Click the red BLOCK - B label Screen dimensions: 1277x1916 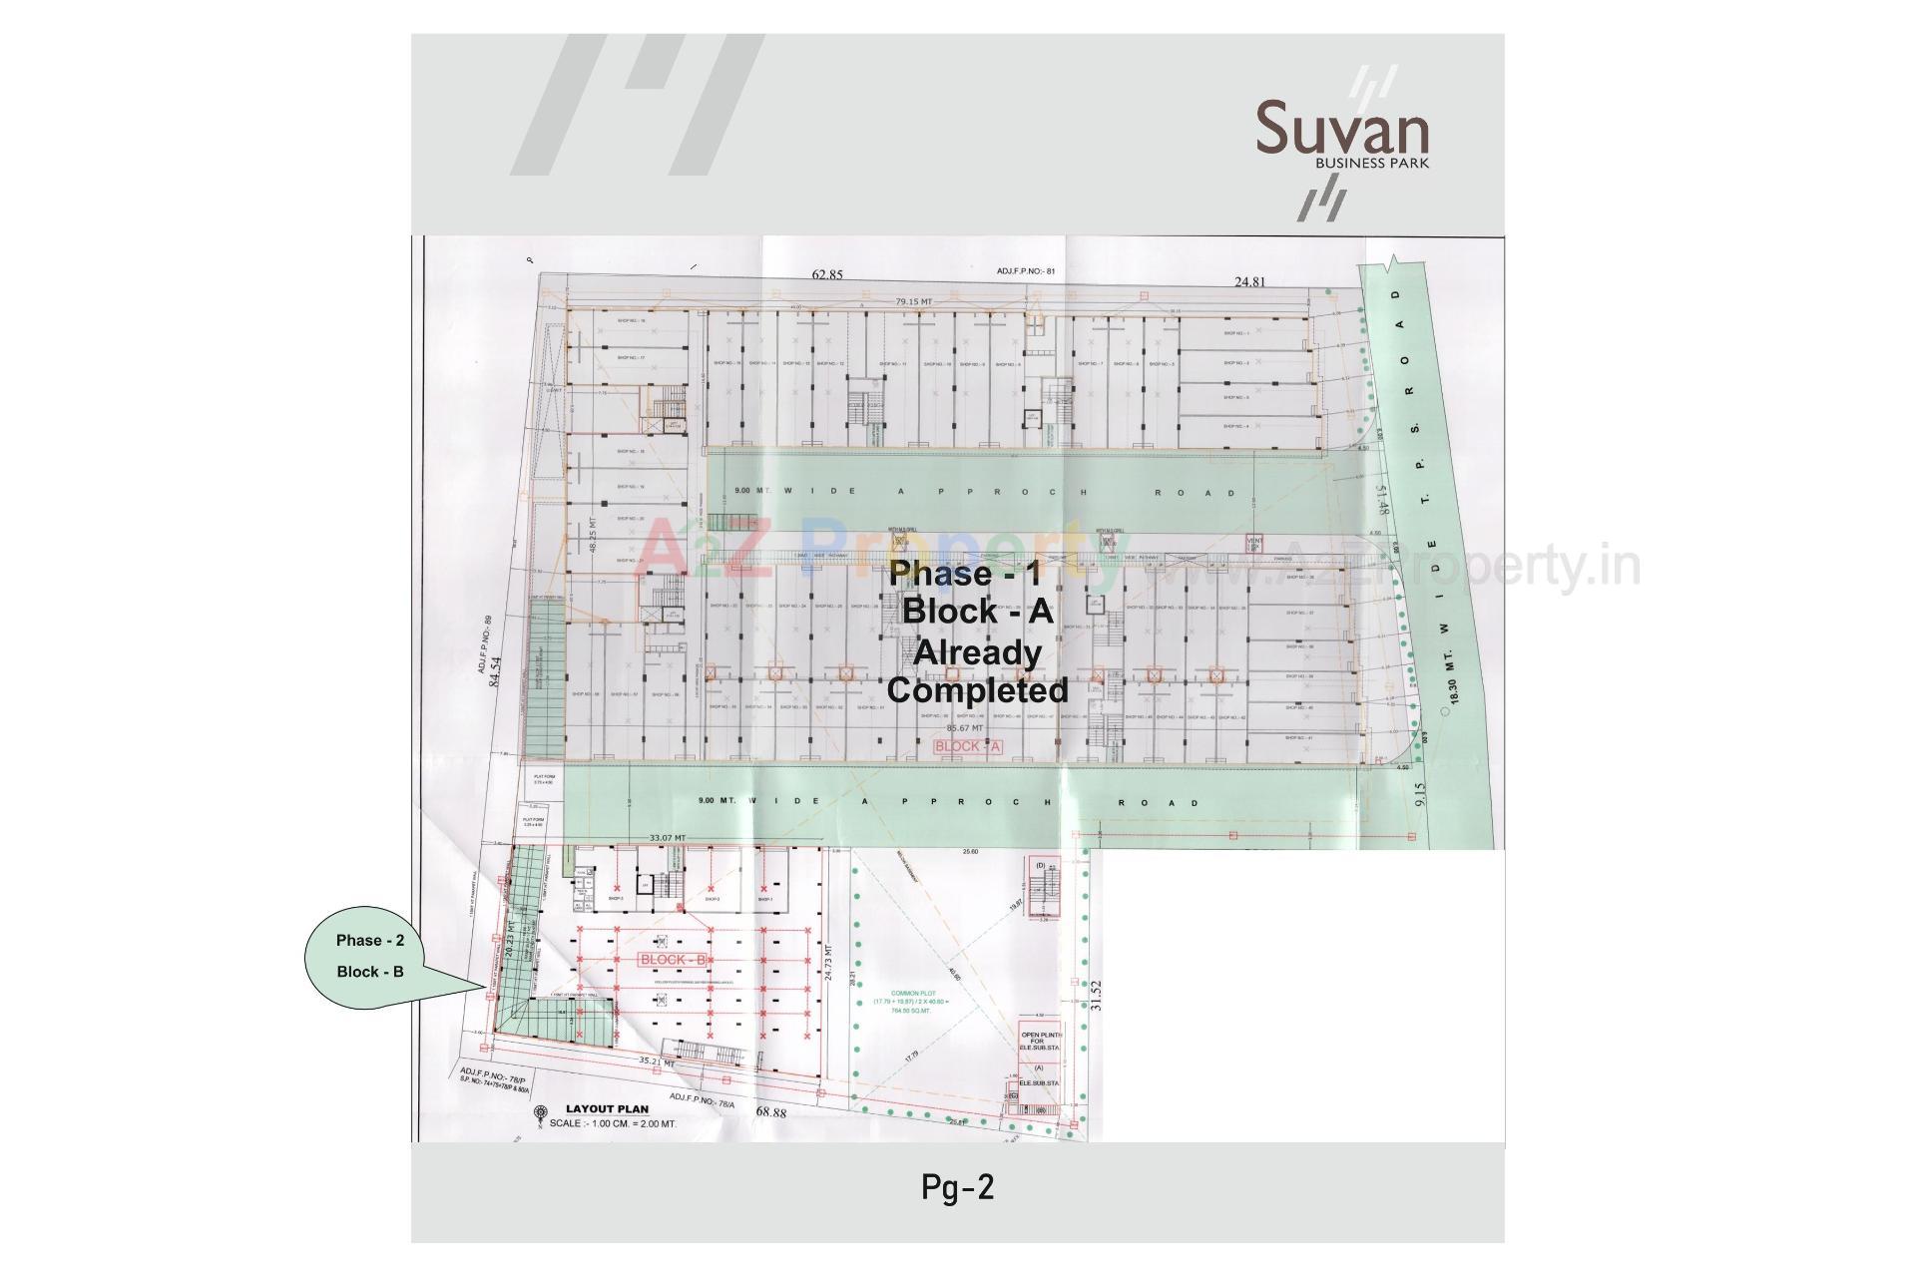click(x=673, y=960)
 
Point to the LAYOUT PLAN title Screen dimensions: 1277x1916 click(x=607, y=1108)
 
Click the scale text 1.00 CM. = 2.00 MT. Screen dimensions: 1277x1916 click(x=613, y=1123)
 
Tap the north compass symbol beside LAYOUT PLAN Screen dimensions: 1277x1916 click(x=540, y=1113)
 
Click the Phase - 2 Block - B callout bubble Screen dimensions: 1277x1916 click(x=370, y=956)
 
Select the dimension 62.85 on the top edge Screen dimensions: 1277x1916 click(x=827, y=275)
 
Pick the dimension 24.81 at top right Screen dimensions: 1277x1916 click(x=1249, y=282)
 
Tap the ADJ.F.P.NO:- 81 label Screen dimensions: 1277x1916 click(x=1025, y=271)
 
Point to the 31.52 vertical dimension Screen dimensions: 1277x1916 click(x=1097, y=997)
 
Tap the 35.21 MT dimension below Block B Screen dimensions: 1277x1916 click(x=658, y=1063)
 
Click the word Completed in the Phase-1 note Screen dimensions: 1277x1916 click(x=977, y=689)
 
